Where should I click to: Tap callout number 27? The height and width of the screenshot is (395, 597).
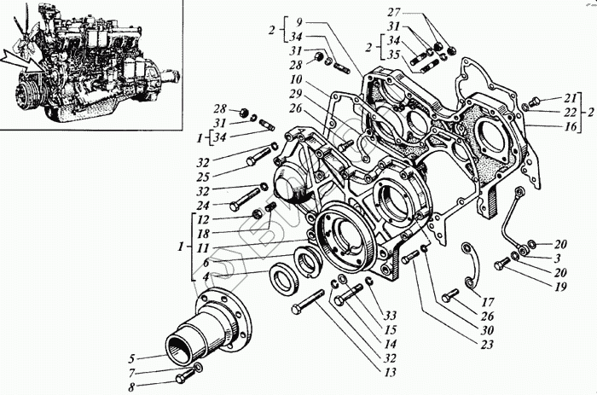(416, 13)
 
